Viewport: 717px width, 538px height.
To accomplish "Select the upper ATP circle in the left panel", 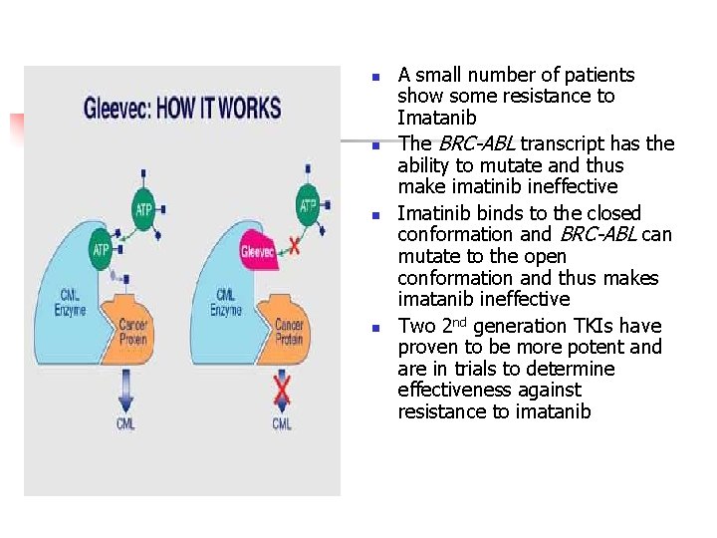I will coord(143,209).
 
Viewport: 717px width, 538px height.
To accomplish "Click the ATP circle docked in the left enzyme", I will coord(101,249).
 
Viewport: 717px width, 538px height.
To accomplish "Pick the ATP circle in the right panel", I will coord(309,206).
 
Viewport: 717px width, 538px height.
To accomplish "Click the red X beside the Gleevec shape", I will coord(293,245).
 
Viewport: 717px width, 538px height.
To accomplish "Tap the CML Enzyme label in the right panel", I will coord(226,302).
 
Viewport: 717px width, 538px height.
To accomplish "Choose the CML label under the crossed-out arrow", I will coord(282,423).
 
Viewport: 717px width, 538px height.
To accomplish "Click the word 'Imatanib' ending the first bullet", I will coord(437,118).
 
